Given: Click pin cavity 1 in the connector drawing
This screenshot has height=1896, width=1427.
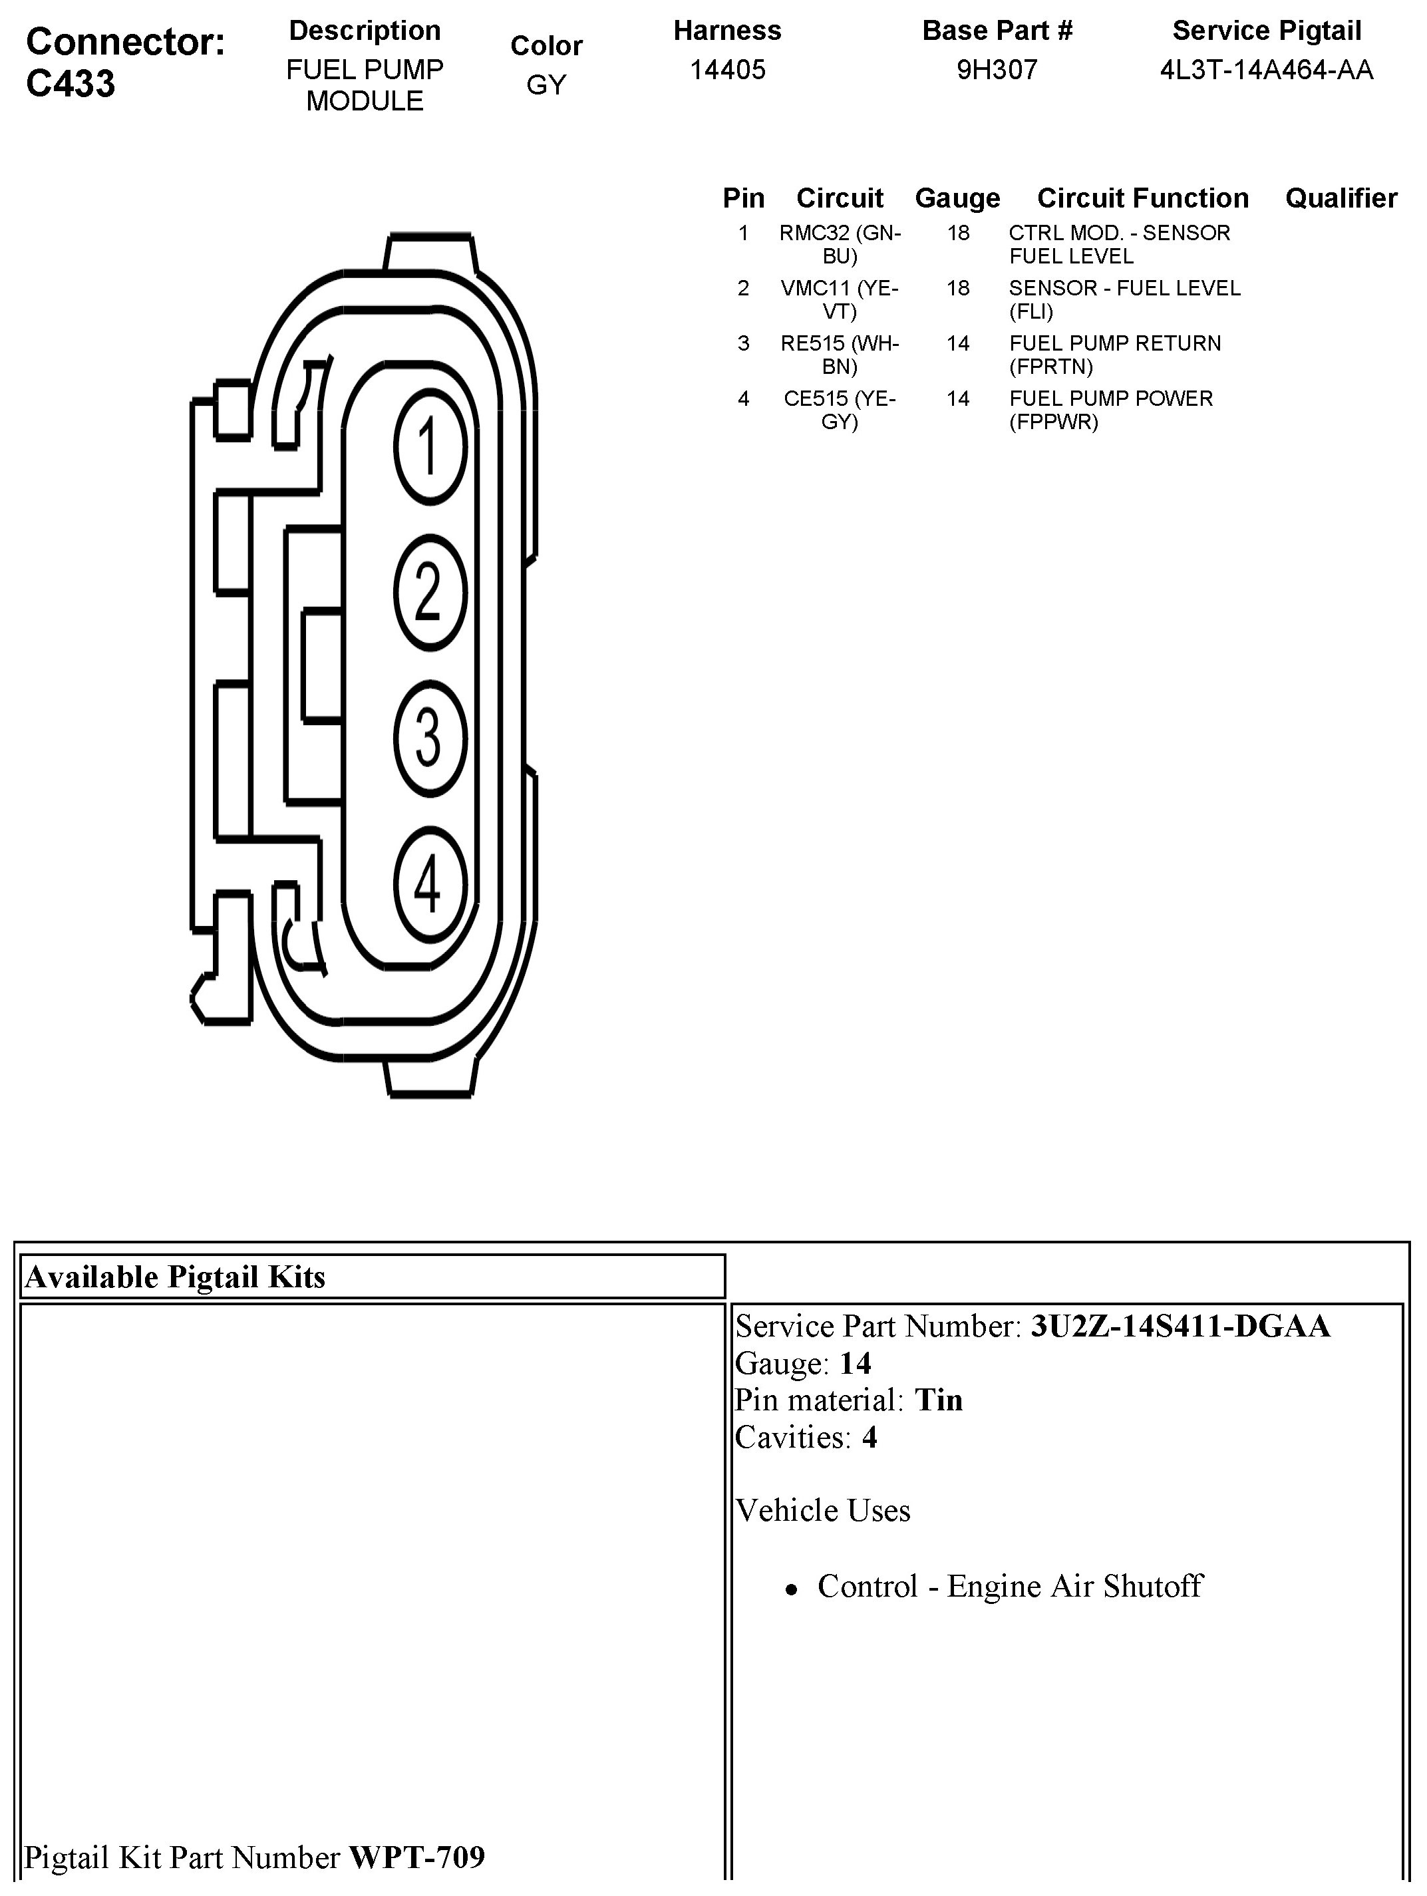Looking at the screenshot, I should coord(430,446).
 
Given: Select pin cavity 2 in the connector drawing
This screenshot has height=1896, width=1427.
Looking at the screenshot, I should coord(430,591).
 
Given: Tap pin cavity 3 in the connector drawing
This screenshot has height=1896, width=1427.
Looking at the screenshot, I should coord(430,737).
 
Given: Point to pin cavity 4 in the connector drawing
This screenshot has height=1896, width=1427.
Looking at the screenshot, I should coord(430,883).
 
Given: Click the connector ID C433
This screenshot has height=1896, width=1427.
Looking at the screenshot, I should coord(71,84).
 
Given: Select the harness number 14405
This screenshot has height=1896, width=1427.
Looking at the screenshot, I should coord(728,69).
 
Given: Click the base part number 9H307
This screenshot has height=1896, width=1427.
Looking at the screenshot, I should coord(997,69).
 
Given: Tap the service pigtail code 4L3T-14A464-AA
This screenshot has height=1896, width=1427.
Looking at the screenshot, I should coord(1266,69).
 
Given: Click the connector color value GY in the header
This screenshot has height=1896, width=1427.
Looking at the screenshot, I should coord(546,85).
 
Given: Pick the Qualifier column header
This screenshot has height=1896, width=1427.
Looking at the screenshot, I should coord(1341,198).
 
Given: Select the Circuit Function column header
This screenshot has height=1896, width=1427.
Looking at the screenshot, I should coord(1142,198).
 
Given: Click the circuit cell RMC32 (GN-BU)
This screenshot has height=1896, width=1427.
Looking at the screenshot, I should coord(840,244).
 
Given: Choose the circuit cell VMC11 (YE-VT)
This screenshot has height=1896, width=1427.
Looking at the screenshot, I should coord(840,300).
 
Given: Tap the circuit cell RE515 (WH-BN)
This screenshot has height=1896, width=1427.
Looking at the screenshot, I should coord(840,355).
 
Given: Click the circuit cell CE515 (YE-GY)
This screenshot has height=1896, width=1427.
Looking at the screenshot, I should coord(840,410).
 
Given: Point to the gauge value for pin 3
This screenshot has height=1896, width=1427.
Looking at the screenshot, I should coord(957,344).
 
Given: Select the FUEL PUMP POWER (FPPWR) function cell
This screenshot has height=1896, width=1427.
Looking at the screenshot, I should coord(1111,410).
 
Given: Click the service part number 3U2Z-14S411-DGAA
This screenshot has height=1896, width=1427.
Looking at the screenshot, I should coord(1180,1326).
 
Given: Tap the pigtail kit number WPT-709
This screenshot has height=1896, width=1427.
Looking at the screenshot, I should coord(417,1857).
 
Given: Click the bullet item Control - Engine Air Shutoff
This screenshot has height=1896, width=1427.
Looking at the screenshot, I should coord(1010,1586).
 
